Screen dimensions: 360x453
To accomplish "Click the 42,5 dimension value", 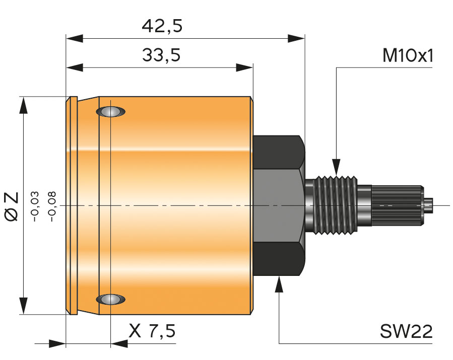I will tap(162, 26).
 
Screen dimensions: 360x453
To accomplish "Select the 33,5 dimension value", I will tap(161, 55).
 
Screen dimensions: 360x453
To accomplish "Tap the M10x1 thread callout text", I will tap(408, 55).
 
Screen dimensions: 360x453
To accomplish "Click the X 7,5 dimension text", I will tap(152, 331).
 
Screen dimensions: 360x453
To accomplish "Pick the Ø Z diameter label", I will tap(11, 205).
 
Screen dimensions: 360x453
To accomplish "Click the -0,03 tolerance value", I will tap(35, 206).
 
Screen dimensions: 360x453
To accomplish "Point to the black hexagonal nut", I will tap(279, 205).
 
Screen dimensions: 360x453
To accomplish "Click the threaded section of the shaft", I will tap(336, 205).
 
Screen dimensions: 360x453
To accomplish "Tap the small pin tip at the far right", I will tap(428, 205).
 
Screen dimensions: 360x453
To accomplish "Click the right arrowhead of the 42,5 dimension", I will tap(297, 38).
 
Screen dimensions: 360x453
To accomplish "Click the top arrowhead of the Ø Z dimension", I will tap(23, 105).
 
